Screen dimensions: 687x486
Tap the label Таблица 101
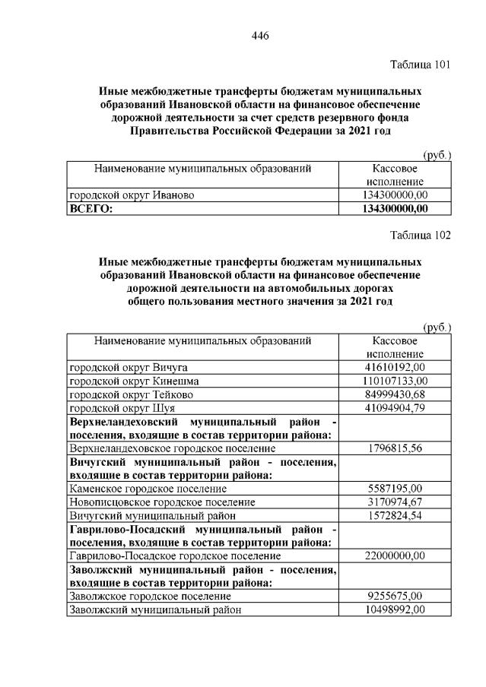pos(420,64)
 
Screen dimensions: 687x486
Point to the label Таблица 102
pos(420,235)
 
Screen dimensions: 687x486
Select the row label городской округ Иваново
pos(132,195)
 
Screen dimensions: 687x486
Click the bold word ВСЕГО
pos(91,207)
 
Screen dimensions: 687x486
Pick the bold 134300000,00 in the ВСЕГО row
pos(395,207)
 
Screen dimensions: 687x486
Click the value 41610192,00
pos(395,367)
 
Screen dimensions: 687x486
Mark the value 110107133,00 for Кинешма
pos(395,380)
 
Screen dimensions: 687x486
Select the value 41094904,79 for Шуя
pos(395,407)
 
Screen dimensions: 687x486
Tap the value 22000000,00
pos(395,556)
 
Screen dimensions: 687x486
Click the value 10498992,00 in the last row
pos(395,609)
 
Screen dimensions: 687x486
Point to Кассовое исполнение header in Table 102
pos(395,347)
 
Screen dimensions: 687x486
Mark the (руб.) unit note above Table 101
pos(437,155)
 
